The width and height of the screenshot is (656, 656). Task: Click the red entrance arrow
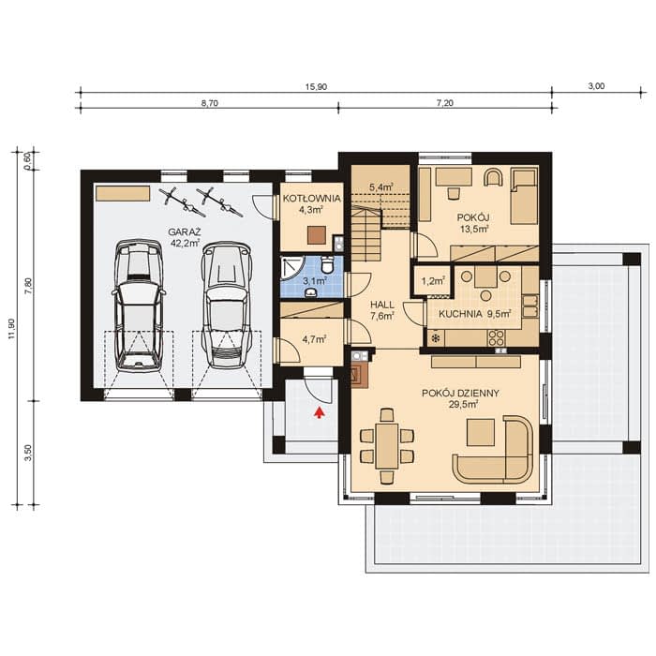point(320,412)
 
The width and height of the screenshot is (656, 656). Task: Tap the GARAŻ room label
point(185,231)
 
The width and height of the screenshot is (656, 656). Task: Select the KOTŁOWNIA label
point(312,199)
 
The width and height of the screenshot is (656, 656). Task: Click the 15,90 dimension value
point(317,87)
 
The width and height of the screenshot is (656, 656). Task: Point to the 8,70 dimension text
point(210,103)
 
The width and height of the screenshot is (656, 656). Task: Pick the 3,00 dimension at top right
point(596,86)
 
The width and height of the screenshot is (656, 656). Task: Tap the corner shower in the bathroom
point(290,266)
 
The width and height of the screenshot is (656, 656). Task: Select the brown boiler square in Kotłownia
point(317,234)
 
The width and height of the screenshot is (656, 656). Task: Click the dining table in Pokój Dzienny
point(386,446)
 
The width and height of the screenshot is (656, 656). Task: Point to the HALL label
point(382,305)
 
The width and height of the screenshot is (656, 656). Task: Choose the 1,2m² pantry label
point(433,281)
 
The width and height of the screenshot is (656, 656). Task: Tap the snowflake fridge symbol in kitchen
point(436,338)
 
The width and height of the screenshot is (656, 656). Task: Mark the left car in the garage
point(138,306)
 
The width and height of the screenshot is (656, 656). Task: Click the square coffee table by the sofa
point(481,433)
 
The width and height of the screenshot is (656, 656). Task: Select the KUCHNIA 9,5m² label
point(474,313)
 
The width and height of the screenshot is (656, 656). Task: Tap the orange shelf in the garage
point(123,194)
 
